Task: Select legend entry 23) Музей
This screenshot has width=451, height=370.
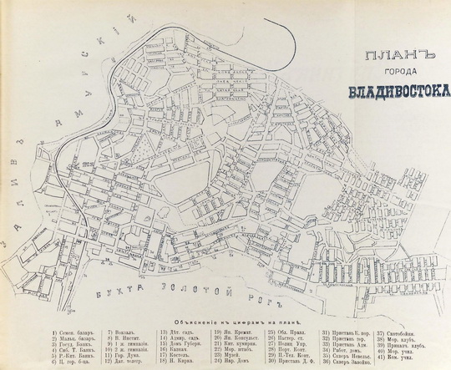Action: click(x=226, y=357)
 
